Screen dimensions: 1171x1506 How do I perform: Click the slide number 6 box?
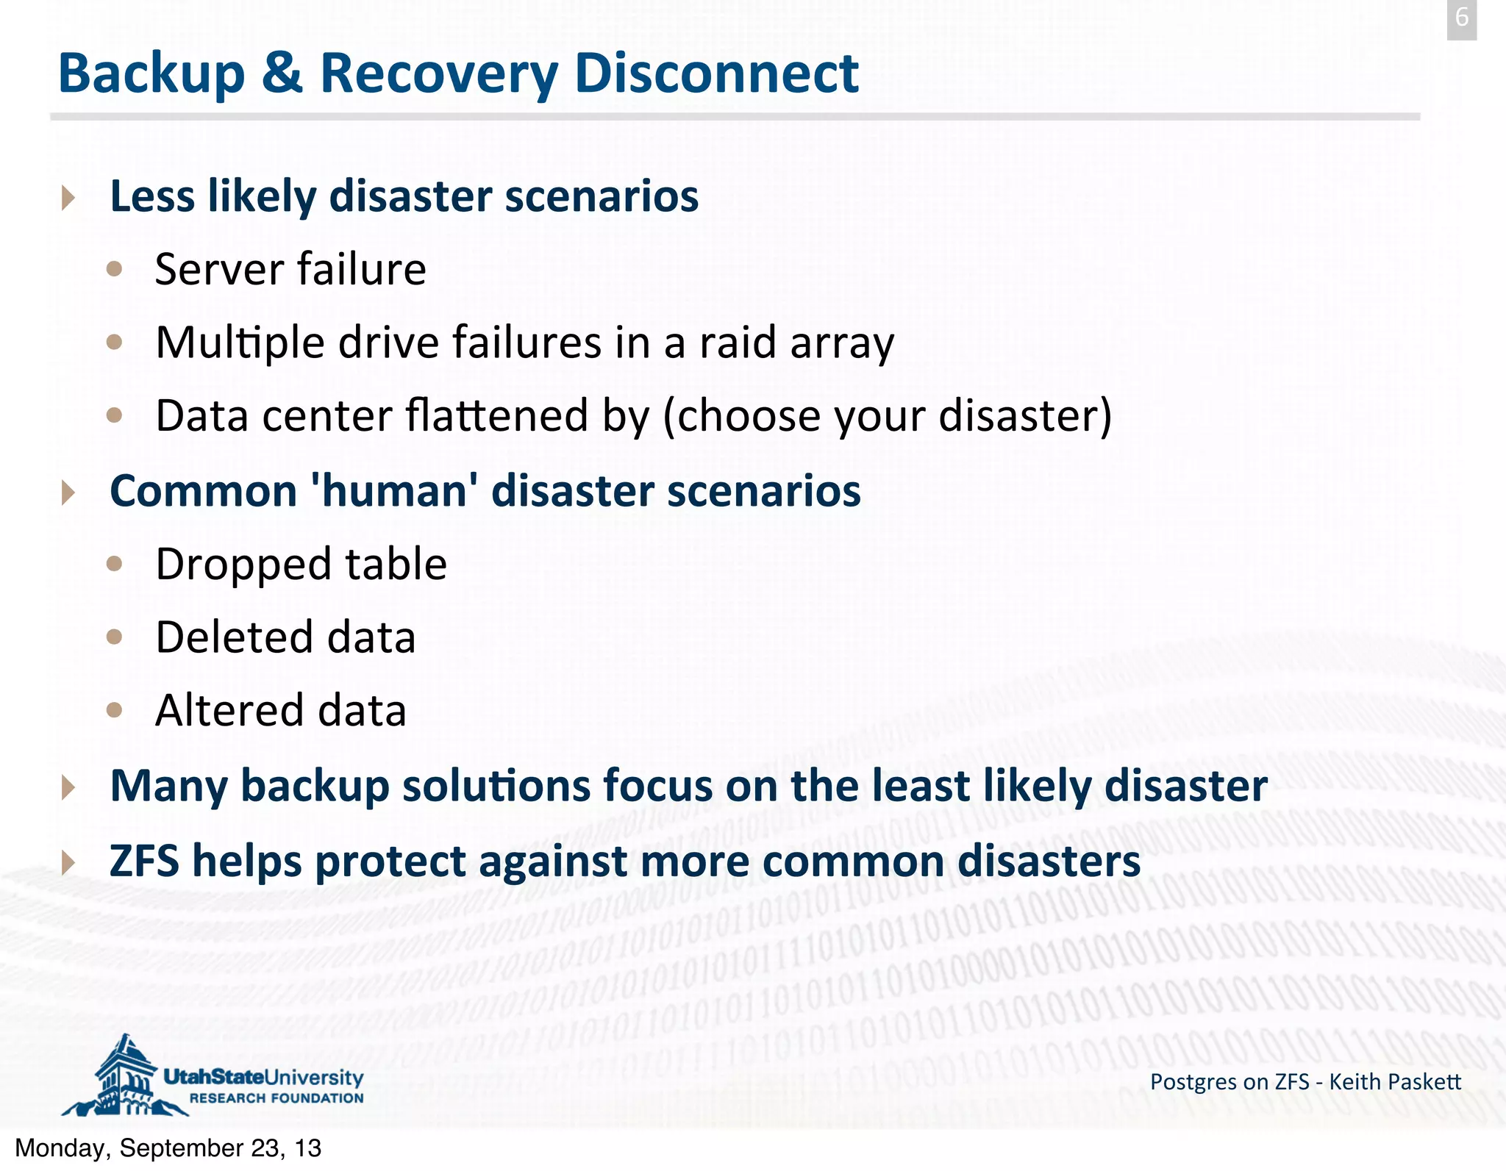pyautogui.click(x=1461, y=19)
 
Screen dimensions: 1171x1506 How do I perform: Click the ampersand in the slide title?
pyautogui.click(x=282, y=74)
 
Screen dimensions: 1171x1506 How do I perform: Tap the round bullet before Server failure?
pyautogui.click(x=114, y=269)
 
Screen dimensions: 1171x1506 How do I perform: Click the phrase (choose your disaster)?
pyautogui.click(x=887, y=416)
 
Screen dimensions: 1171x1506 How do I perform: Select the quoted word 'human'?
pyautogui.click(x=394, y=491)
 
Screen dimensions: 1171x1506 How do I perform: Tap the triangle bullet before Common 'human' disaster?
pyautogui.click(x=68, y=492)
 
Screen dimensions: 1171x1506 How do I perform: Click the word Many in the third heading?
pyautogui.click(x=168, y=787)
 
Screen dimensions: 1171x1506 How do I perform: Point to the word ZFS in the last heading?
pyautogui.click(x=144, y=861)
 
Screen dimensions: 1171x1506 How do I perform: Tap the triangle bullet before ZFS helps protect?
pyautogui.click(x=68, y=862)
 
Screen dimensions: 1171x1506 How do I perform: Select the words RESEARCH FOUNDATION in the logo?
pyautogui.click(x=276, y=1098)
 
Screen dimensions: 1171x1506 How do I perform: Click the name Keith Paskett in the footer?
pyautogui.click(x=1395, y=1082)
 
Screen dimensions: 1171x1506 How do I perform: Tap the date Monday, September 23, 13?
pyautogui.click(x=168, y=1148)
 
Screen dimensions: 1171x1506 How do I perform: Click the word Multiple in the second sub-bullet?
pyautogui.click(x=240, y=343)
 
